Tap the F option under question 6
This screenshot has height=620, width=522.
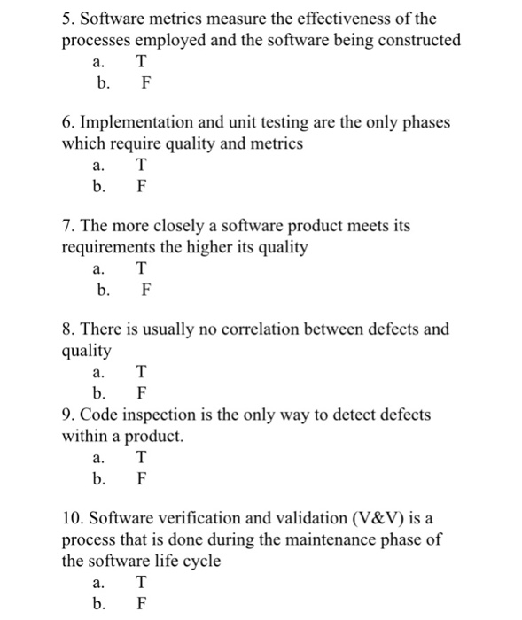click(x=141, y=187)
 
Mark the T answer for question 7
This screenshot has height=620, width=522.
click(x=142, y=267)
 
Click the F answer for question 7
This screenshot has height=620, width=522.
click(x=146, y=290)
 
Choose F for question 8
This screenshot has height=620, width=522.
click(x=141, y=393)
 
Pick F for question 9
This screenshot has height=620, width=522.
click(x=141, y=480)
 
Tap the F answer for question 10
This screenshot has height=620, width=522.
click(x=141, y=605)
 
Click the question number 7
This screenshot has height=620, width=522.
click(x=67, y=226)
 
